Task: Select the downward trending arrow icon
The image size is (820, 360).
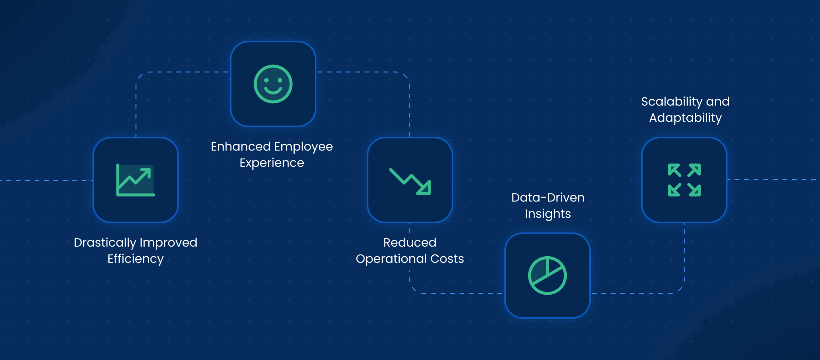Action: click(410, 181)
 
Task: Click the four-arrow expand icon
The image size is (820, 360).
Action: click(684, 180)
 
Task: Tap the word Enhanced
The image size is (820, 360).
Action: click(241, 147)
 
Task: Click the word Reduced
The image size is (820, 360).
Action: click(410, 242)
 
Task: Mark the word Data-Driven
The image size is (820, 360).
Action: click(548, 198)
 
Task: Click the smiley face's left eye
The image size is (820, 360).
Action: click(266, 80)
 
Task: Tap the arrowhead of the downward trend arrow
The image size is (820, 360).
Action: click(424, 188)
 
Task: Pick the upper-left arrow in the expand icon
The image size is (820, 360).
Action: click(674, 170)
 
